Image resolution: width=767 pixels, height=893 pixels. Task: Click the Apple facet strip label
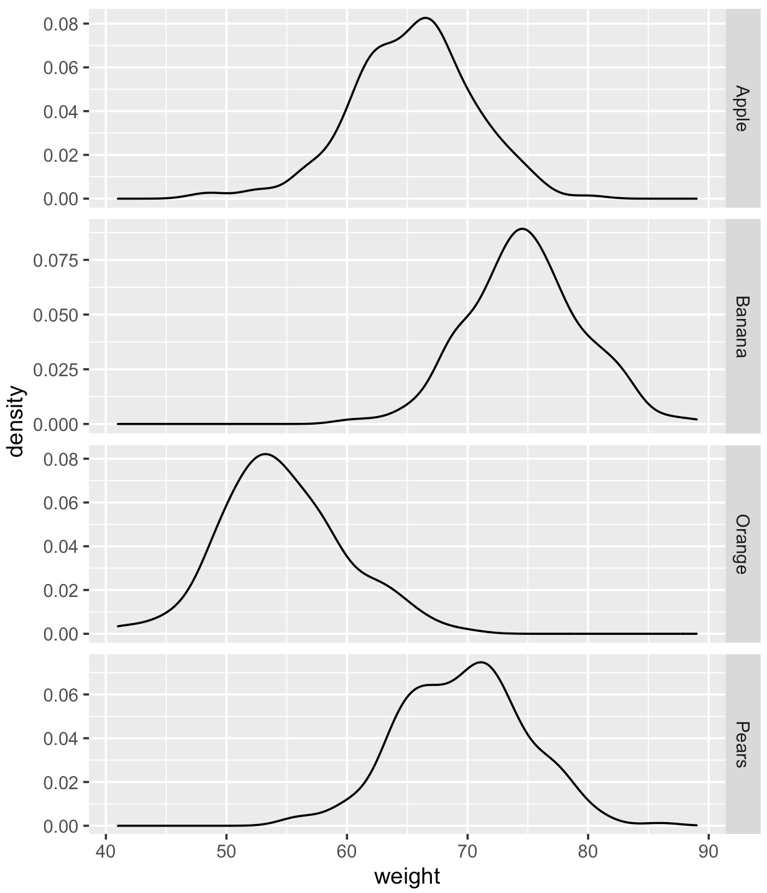pyautogui.click(x=742, y=108)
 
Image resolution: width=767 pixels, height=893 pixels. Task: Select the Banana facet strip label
pyautogui.click(x=742, y=326)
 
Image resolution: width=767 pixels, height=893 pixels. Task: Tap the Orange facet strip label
pyautogui.click(x=742, y=544)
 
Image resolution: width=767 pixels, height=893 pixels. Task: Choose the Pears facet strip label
pyautogui.click(x=742, y=744)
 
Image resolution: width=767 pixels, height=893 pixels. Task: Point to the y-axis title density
pyautogui.click(x=16, y=421)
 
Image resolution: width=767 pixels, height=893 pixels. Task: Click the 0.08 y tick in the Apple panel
pyautogui.click(x=61, y=24)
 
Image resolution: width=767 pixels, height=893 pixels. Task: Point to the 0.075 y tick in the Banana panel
pyautogui.click(x=56, y=261)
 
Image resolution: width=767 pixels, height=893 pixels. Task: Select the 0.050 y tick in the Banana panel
pyautogui.click(x=56, y=315)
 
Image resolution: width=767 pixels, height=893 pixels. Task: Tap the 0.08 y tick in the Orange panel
pyautogui.click(x=61, y=459)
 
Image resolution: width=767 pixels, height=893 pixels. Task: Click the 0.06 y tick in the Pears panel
pyautogui.click(x=61, y=695)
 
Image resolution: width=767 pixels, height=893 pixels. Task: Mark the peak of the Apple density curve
pyautogui.click(x=426, y=18)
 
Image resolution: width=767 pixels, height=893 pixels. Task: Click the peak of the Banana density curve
pyautogui.click(x=523, y=229)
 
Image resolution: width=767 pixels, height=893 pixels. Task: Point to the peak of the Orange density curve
pyautogui.click(x=265, y=454)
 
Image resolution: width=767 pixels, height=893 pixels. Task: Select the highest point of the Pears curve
pyautogui.click(x=481, y=662)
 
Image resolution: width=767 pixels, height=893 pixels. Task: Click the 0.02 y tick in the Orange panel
pyautogui.click(x=61, y=591)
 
